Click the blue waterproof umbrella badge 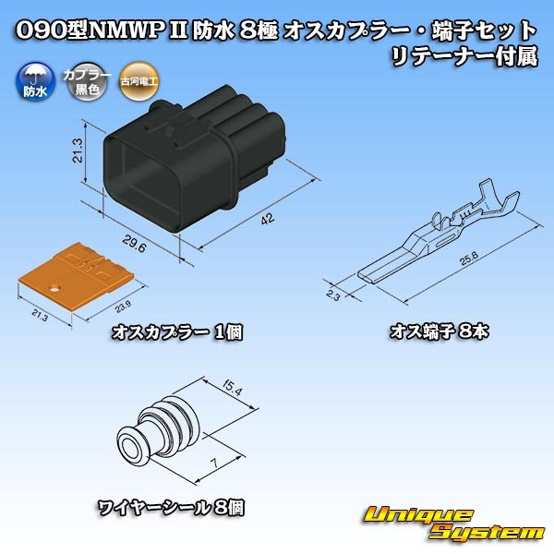coord(33,84)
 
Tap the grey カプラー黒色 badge coord(80,83)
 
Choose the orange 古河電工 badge coord(138,83)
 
